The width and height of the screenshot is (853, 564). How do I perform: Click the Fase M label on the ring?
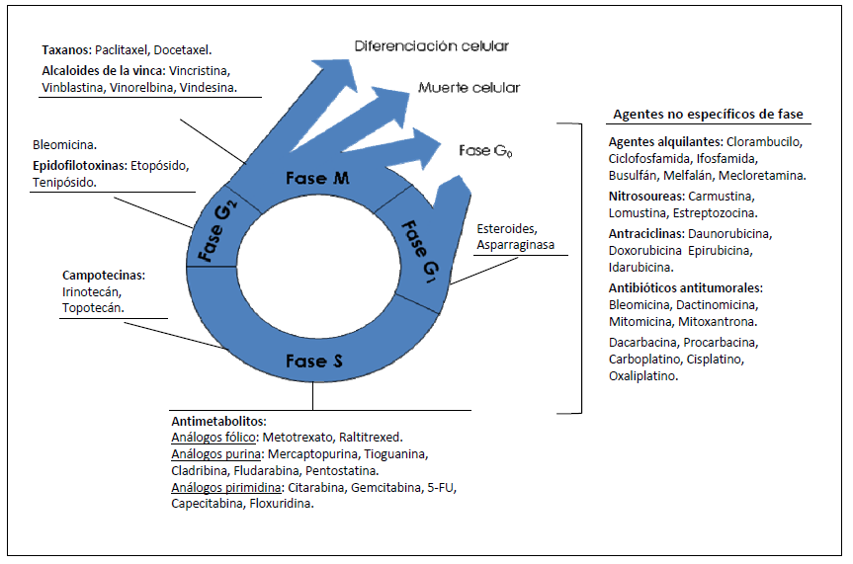click(318, 178)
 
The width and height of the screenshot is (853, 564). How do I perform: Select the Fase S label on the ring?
click(313, 362)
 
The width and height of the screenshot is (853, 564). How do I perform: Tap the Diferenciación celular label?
click(432, 45)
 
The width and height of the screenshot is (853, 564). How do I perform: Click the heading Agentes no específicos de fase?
click(708, 114)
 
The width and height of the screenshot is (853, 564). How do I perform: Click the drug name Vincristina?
click(199, 71)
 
